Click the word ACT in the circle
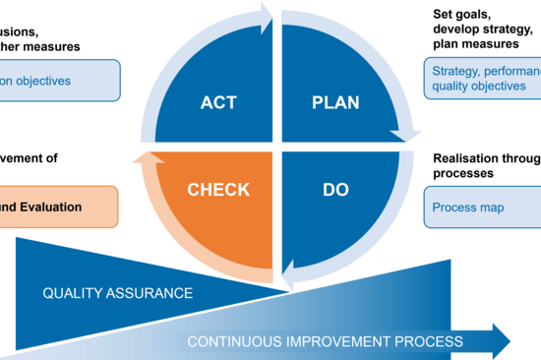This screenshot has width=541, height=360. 218,101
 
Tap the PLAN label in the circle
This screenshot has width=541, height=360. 336,101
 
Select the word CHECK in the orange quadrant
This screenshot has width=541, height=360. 218,189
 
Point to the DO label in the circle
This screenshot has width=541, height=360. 336,189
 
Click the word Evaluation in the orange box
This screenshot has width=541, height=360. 48,207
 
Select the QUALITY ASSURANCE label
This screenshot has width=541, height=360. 117,293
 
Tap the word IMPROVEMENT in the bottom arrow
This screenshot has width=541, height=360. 334,341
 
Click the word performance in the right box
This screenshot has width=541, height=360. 511,71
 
